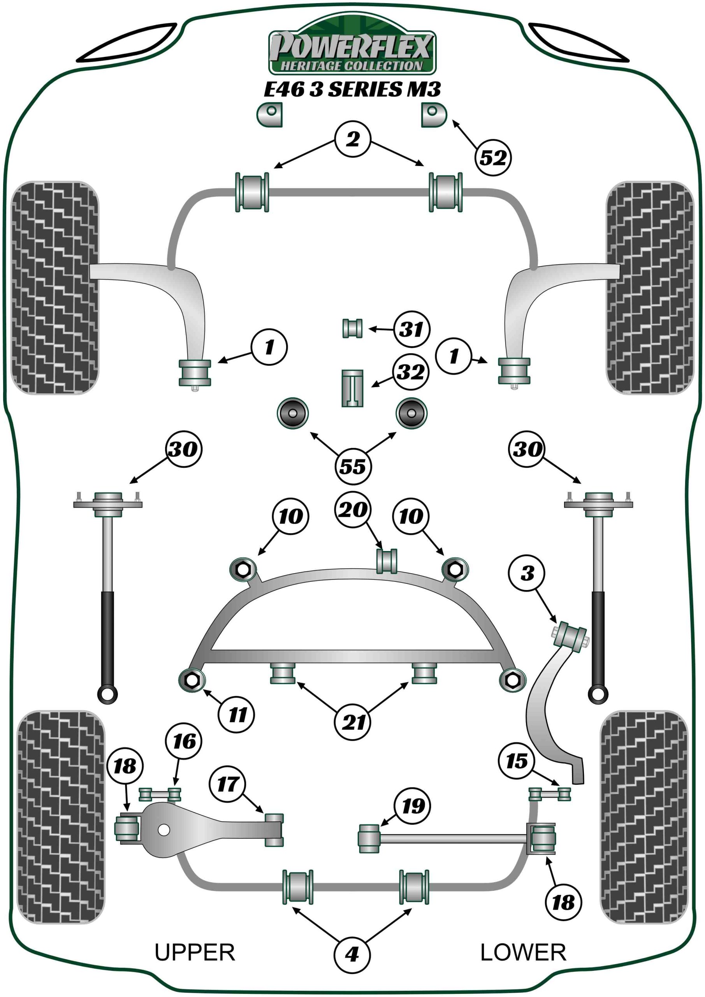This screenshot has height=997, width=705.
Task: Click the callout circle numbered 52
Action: [493, 157]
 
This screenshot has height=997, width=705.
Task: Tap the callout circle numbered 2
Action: [353, 139]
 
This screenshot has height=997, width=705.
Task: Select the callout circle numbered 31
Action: [411, 329]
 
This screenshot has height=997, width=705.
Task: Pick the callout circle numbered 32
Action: [411, 372]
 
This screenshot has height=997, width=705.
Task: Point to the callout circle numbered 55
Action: [353, 466]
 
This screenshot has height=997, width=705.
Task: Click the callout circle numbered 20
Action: [353, 509]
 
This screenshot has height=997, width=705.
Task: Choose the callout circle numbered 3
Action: [527, 573]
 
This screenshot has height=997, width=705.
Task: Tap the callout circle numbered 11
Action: [237, 714]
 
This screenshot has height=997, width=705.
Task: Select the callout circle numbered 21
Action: [353, 722]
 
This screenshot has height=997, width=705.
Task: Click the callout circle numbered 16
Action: [184, 741]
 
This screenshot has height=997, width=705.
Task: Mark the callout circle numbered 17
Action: [228, 784]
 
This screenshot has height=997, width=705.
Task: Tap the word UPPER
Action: [195, 952]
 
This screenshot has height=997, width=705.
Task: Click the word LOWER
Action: [523, 952]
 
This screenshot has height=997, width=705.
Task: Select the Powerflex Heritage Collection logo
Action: [352, 47]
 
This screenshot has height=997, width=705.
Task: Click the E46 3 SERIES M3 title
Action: [352, 90]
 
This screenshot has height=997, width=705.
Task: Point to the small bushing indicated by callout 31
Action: [352, 328]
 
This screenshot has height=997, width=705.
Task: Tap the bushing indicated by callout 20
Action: [386, 561]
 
